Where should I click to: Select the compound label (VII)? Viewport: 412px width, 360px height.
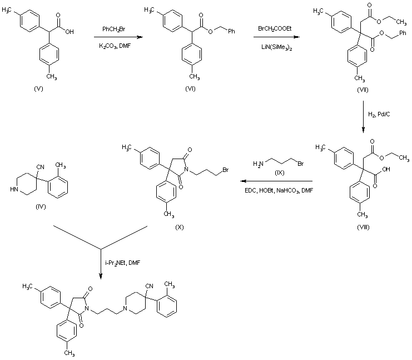tap(362, 89)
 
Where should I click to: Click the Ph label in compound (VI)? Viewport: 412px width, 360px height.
tap(231, 32)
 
